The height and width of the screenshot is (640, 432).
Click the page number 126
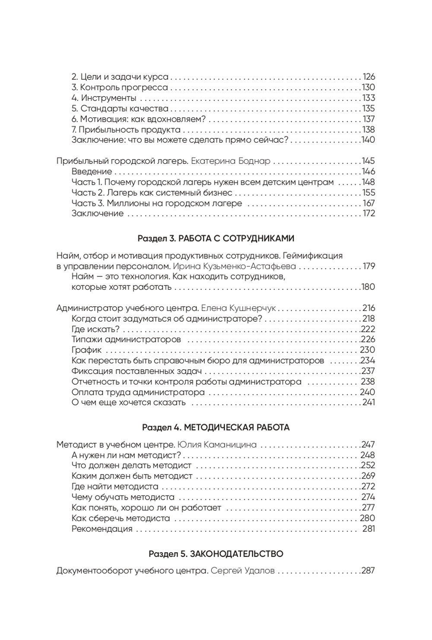click(368, 77)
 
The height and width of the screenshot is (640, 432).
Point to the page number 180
click(368, 287)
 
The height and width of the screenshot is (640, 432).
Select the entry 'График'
click(87, 350)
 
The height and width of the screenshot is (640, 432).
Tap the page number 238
click(368, 382)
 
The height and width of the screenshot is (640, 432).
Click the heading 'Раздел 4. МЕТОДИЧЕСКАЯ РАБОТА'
click(216, 428)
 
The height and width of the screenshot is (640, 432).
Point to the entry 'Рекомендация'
click(102, 529)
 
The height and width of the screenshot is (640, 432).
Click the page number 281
click(368, 529)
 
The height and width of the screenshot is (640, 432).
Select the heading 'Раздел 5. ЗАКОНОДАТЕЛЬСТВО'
click(216, 554)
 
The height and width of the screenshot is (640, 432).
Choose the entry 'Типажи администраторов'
click(126, 339)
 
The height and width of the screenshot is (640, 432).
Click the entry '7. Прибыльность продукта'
click(126, 130)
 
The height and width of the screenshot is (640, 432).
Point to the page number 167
click(368, 203)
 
